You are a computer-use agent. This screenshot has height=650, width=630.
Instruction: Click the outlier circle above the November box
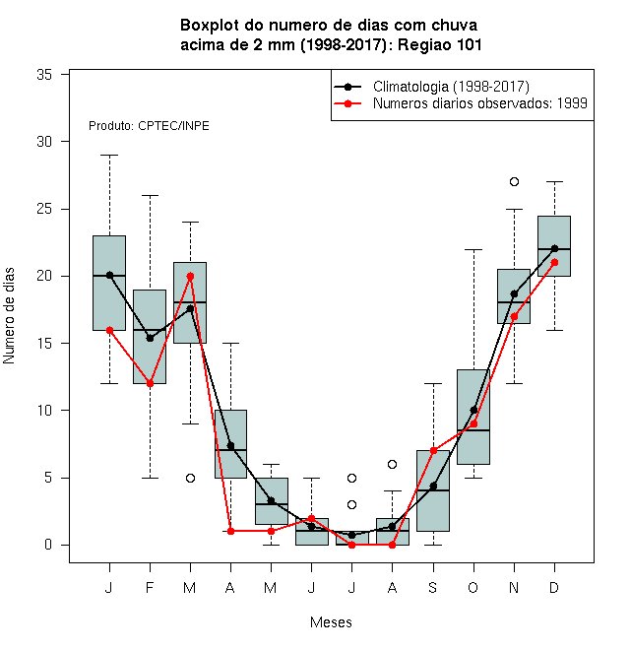click(x=514, y=181)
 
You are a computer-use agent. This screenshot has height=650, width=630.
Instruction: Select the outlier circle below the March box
click(x=190, y=478)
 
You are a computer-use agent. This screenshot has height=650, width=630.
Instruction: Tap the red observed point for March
click(x=190, y=276)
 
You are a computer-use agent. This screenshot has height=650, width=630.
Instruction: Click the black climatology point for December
click(x=554, y=249)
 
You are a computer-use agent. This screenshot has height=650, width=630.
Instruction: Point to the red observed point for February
click(x=150, y=383)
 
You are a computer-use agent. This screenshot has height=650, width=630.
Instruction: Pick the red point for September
click(x=433, y=451)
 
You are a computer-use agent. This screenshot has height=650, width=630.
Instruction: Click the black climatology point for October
click(x=473, y=411)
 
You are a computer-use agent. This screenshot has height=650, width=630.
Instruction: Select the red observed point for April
click(x=231, y=531)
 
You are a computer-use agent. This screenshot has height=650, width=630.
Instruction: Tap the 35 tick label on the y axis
click(x=44, y=75)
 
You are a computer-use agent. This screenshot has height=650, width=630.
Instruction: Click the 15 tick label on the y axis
click(x=44, y=344)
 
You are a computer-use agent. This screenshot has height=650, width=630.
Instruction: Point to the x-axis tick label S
click(x=433, y=587)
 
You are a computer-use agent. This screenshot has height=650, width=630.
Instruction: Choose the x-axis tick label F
click(x=150, y=587)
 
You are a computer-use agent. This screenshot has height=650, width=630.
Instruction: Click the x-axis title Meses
click(x=331, y=622)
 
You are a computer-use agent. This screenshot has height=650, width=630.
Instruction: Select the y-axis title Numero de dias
click(x=9, y=316)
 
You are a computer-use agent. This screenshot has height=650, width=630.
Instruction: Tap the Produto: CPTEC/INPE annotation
click(x=149, y=126)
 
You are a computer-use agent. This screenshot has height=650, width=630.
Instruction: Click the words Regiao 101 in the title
click(x=440, y=44)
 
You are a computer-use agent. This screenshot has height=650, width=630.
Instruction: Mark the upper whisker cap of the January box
click(x=109, y=155)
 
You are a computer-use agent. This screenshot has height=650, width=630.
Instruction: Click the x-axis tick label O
click(x=472, y=587)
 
